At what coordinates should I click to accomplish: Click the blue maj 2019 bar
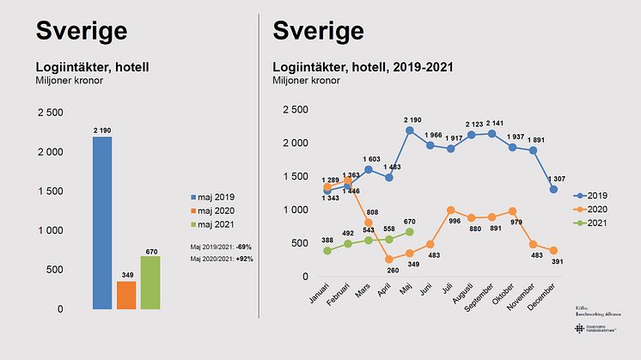(102, 223)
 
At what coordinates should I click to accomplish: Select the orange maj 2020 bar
(126, 295)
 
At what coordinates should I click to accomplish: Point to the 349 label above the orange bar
(126, 275)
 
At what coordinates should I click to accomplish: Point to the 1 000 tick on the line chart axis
(294, 210)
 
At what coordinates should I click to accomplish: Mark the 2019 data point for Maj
(410, 131)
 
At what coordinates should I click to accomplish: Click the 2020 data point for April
(389, 259)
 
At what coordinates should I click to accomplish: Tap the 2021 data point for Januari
(327, 251)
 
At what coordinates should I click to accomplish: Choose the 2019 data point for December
(554, 189)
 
